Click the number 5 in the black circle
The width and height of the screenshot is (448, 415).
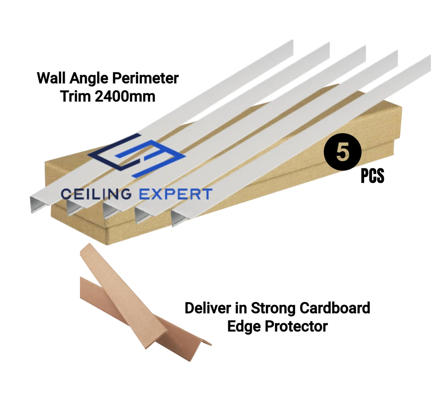[x=342, y=153]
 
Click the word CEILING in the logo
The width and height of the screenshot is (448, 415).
[x=96, y=194]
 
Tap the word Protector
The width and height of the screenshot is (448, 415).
[x=296, y=326]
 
